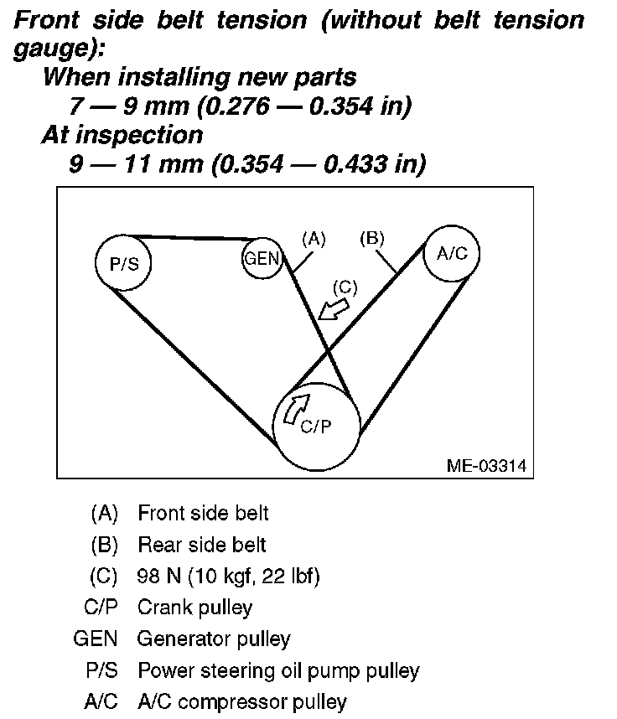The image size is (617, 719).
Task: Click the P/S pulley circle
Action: pyautogui.click(x=122, y=262)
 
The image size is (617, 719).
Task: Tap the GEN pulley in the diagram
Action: pyautogui.click(x=261, y=258)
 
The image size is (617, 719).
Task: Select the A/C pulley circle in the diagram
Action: pyautogui.click(x=452, y=254)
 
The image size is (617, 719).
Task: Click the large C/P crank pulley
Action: pyautogui.click(x=318, y=425)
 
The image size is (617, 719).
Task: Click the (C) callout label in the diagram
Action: pyautogui.click(x=345, y=287)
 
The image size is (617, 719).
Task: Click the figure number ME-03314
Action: pyautogui.click(x=486, y=465)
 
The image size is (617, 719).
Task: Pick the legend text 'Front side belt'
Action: pyautogui.click(x=203, y=513)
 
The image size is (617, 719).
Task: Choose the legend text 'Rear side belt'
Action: pyautogui.click(x=201, y=545)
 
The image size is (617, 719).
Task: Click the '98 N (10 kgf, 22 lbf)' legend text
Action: pyautogui.click(x=229, y=576)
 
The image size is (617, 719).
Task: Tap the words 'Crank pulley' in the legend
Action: pyautogui.click(x=194, y=607)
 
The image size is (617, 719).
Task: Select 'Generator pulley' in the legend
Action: pyautogui.click(x=214, y=639)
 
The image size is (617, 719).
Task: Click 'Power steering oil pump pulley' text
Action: pyautogui.click(x=278, y=670)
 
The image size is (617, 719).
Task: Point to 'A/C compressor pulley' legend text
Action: pyautogui.click(x=241, y=701)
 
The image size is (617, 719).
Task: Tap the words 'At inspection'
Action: pyautogui.click(x=122, y=134)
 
